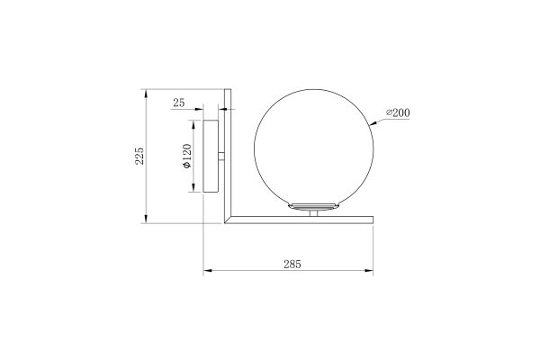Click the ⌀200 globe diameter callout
pos(398,112)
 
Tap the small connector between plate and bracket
pos(221,160)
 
